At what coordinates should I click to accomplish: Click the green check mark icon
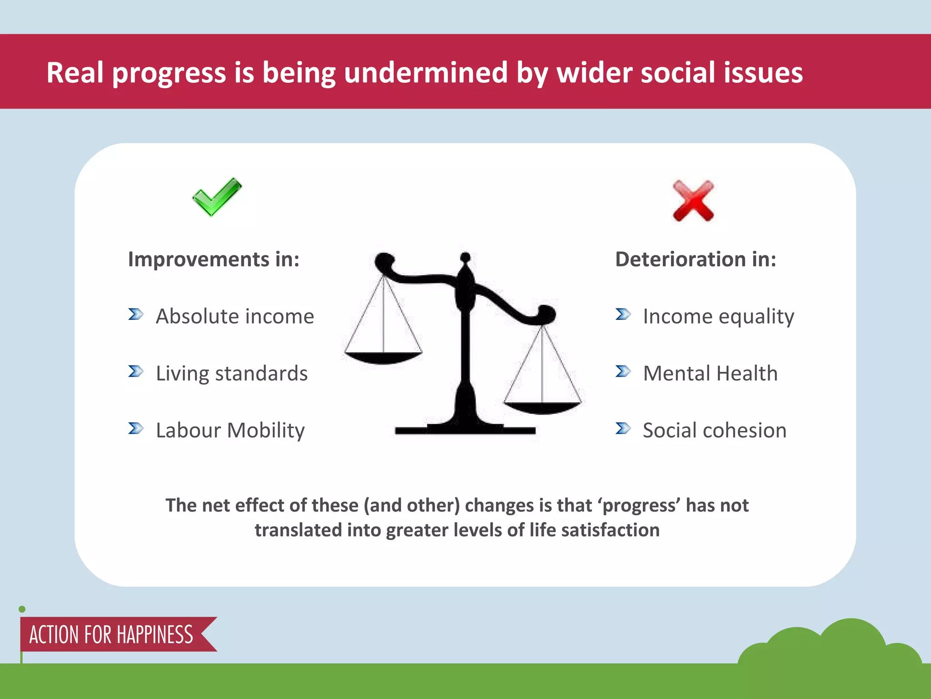point(216,197)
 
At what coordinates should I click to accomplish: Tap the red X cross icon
point(693,201)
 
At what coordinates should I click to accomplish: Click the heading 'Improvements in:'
point(214,259)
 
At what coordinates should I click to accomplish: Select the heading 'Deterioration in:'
point(696,259)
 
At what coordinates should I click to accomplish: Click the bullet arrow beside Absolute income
point(135,314)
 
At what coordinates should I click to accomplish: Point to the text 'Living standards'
point(231,374)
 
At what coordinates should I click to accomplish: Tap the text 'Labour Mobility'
point(230,431)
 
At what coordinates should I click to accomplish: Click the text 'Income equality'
point(718,317)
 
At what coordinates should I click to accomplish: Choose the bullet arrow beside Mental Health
point(623,372)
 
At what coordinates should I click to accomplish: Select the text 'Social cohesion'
point(714,431)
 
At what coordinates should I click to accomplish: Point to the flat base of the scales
point(465,430)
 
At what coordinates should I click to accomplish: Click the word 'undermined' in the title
point(425,73)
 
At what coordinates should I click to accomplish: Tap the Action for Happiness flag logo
point(111,634)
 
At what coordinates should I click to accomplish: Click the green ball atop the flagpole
point(22,609)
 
